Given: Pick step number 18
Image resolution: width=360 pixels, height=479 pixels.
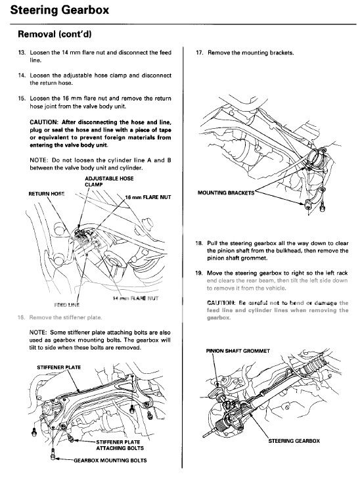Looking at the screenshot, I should (x=199, y=243).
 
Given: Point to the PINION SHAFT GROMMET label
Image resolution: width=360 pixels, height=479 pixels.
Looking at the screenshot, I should (x=236, y=351).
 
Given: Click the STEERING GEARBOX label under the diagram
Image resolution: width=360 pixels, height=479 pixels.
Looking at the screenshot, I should (x=294, y=440).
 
